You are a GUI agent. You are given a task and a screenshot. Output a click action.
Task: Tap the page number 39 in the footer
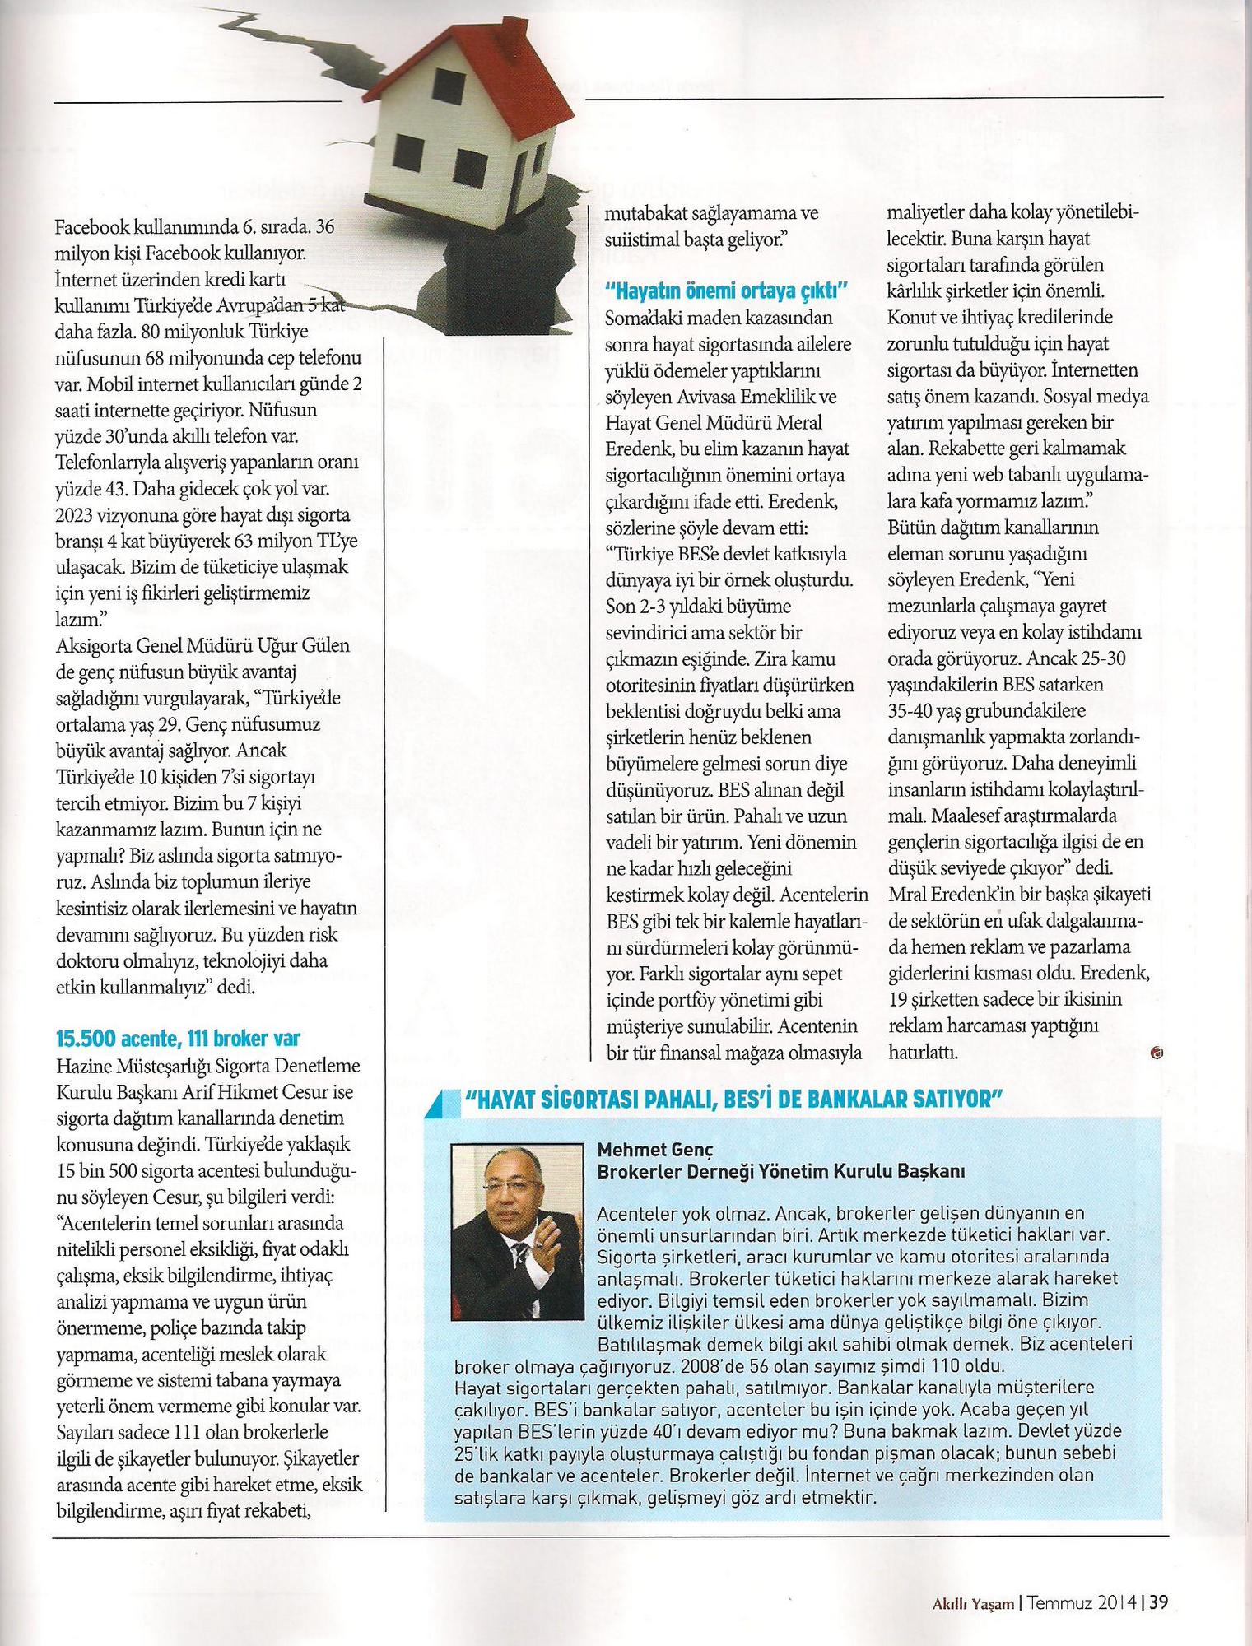click(x=1159, y=1579)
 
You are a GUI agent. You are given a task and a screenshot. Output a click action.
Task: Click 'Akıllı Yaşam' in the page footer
click(x=972, y=1580)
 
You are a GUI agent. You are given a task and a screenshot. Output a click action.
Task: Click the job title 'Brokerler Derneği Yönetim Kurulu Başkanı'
click(x=780, y=1171)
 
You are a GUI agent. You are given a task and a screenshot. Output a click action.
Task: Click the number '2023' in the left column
click(x=76, y=516)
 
